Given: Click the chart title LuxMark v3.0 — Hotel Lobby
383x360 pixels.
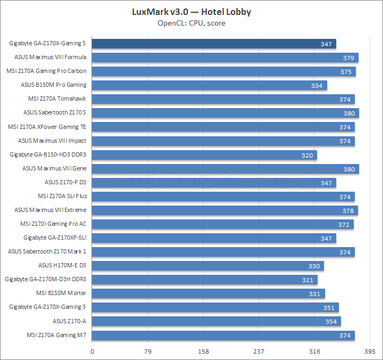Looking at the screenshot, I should tap(191, 12).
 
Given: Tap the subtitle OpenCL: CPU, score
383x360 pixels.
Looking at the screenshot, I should tap(191, 23).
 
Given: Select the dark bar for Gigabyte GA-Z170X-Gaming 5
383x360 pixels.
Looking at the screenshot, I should tap(214, 43).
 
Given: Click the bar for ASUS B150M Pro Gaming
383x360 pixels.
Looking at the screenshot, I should tap(210, 85).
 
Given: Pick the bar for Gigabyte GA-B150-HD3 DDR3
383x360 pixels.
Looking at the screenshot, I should tap(205, 155).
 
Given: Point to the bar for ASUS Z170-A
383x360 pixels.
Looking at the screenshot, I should tap(217, 321).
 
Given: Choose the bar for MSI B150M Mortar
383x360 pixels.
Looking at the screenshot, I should tap(209, 293).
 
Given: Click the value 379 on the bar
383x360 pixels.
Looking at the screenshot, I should tap(349, 58).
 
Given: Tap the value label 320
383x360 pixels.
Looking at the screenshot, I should tap(307, 155).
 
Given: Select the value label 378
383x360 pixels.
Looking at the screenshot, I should tap(348, 210).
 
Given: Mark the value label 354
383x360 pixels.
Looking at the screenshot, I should tap(331, 321).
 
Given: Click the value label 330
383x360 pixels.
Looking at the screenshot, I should tap(314, 266).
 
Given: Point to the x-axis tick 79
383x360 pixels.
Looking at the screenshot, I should tap(148, 352).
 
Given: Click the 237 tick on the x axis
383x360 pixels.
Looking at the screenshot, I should tap(259, 352).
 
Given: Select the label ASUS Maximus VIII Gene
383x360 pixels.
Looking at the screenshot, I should tap(54, 168).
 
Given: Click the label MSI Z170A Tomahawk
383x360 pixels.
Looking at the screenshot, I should tap(57, 99).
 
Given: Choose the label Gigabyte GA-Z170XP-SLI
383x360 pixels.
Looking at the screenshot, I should tap(55, 238).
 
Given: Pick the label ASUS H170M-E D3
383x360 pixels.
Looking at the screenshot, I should tap(62, 265).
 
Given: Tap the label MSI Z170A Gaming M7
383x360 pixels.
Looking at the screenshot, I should tap(56, 334).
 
